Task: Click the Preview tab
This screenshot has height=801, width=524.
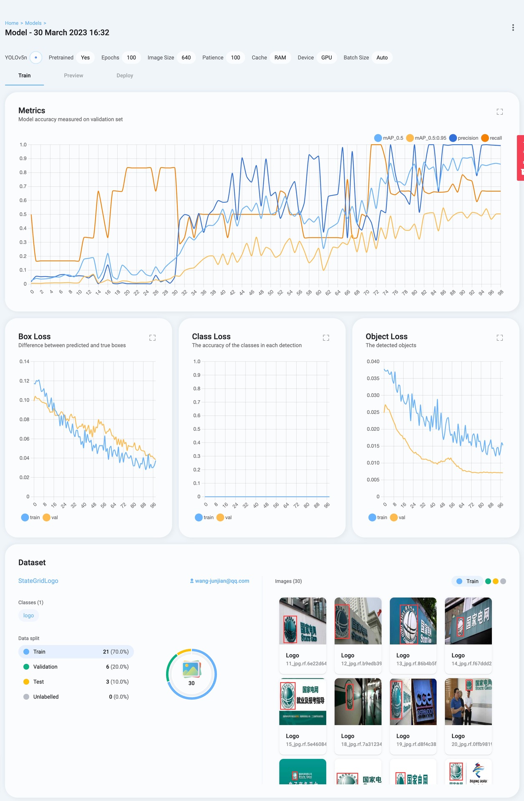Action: (73, 75)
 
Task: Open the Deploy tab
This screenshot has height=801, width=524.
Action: (125, 75)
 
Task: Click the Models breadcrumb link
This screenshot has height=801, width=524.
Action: (33, 23)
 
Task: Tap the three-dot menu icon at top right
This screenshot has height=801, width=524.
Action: (513, 28)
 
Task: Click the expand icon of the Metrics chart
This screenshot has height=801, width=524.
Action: (500, 112)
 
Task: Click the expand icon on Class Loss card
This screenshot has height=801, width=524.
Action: (326, 338)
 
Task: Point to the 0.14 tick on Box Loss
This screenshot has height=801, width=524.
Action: (24, 362)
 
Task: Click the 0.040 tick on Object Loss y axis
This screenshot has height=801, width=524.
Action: (373, 362)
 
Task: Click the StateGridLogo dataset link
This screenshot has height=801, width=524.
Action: (38, 581)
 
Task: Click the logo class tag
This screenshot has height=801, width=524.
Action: (28, 615)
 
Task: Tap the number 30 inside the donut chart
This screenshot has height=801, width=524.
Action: (191, 683)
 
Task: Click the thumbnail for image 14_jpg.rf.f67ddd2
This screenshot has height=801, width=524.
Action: (468, 621)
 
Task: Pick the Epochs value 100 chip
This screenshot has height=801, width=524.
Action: (131, 58)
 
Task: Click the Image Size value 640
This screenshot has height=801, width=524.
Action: (186, 58)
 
